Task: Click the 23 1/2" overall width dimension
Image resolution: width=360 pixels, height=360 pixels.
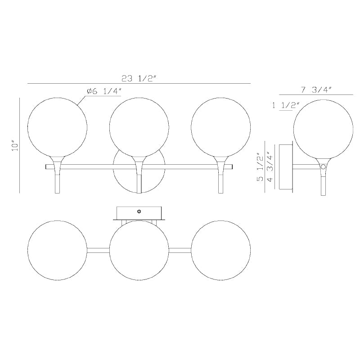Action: pyautogui.click(x=139, y=79)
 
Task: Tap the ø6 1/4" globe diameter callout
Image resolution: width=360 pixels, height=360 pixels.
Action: pyautogui.click(x=104, y=91)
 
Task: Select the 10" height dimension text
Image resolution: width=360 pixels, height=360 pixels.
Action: pyautogui.click(x=15, y=145)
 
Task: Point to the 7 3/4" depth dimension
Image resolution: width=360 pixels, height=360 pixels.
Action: pyautogui.click(x=316, y=90)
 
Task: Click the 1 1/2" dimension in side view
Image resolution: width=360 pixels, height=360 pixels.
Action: pyautogui.click(x=286, y=105)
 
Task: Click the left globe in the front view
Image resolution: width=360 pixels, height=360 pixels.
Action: pyautogui.click(x=57, y=127)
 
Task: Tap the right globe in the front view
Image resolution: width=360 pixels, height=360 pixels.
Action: pyautogui.click(x=220, y=127)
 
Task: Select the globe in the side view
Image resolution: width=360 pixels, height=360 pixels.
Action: pyautogui.click(x=323, y=129)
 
